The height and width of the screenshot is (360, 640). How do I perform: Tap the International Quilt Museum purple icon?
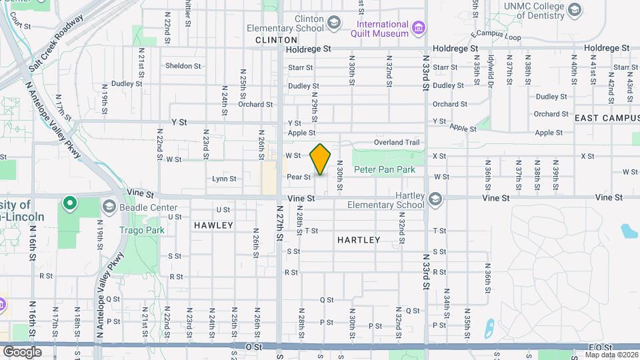pos(418,28)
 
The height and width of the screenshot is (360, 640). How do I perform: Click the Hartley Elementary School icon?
pos(435,199)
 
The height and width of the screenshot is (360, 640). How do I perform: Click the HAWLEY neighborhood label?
pos(213,225)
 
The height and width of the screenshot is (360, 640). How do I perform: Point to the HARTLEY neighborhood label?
pos(359,240)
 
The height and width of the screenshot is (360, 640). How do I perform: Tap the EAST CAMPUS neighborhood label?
pos(603,117)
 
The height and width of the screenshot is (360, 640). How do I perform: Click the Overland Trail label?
pos(397,142)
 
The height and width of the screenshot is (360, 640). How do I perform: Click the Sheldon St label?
pos(183,66)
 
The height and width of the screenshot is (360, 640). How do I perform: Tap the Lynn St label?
pos(223,179)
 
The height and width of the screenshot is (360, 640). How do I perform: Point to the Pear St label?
pos(298,177)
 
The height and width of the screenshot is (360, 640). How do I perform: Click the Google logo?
pos(22,351)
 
